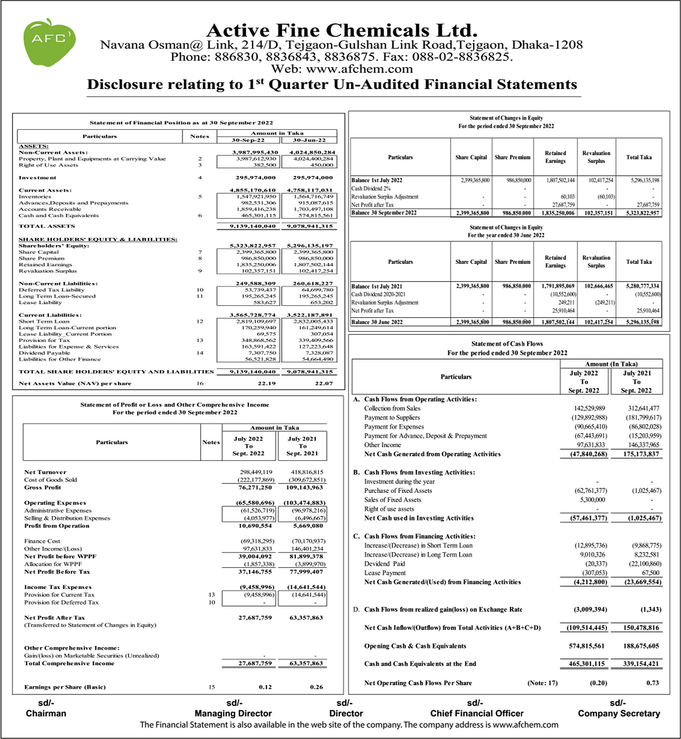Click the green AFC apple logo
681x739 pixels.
click(x=49, y=42)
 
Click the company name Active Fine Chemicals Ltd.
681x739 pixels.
click(x=342, y=30)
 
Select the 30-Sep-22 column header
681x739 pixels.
click(x=248, y=140)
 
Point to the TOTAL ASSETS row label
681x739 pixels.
click(x=47, y=226)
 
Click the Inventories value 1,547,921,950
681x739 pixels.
click(x=256, y=197)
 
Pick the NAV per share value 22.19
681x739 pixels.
click(x=267, y=383)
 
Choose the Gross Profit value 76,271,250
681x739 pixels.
click(x=255, y=487)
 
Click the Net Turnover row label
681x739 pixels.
click(x=45, y=472)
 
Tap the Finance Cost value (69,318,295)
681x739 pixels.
click(x=257, y=541)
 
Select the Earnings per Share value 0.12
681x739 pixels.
click(x=265, y=687)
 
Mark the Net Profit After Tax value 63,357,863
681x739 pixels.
click(x=306, y=618)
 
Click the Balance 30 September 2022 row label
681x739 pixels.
click(x=384, y=213)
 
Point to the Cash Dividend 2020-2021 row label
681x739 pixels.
click(x=378, y=294)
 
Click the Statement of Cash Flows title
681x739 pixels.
click(x=507, y=344)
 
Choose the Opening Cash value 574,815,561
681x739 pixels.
click(x=586, y=646)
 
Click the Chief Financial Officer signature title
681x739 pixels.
click(x=477, y=714)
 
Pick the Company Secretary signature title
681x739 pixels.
click(x=618, y=714)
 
